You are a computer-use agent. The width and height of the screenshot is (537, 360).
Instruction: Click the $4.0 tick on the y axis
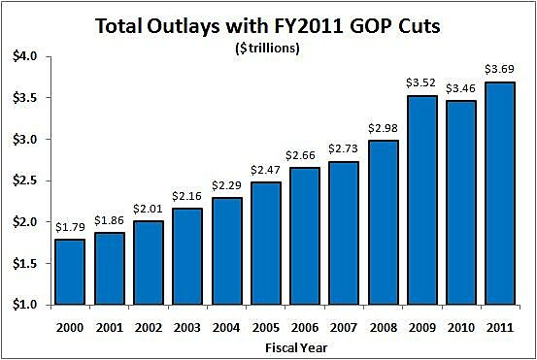[22, 56]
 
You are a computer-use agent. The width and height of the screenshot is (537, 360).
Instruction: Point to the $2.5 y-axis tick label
[22, 180]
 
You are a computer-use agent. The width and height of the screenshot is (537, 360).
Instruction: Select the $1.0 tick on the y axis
[22, 305]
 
